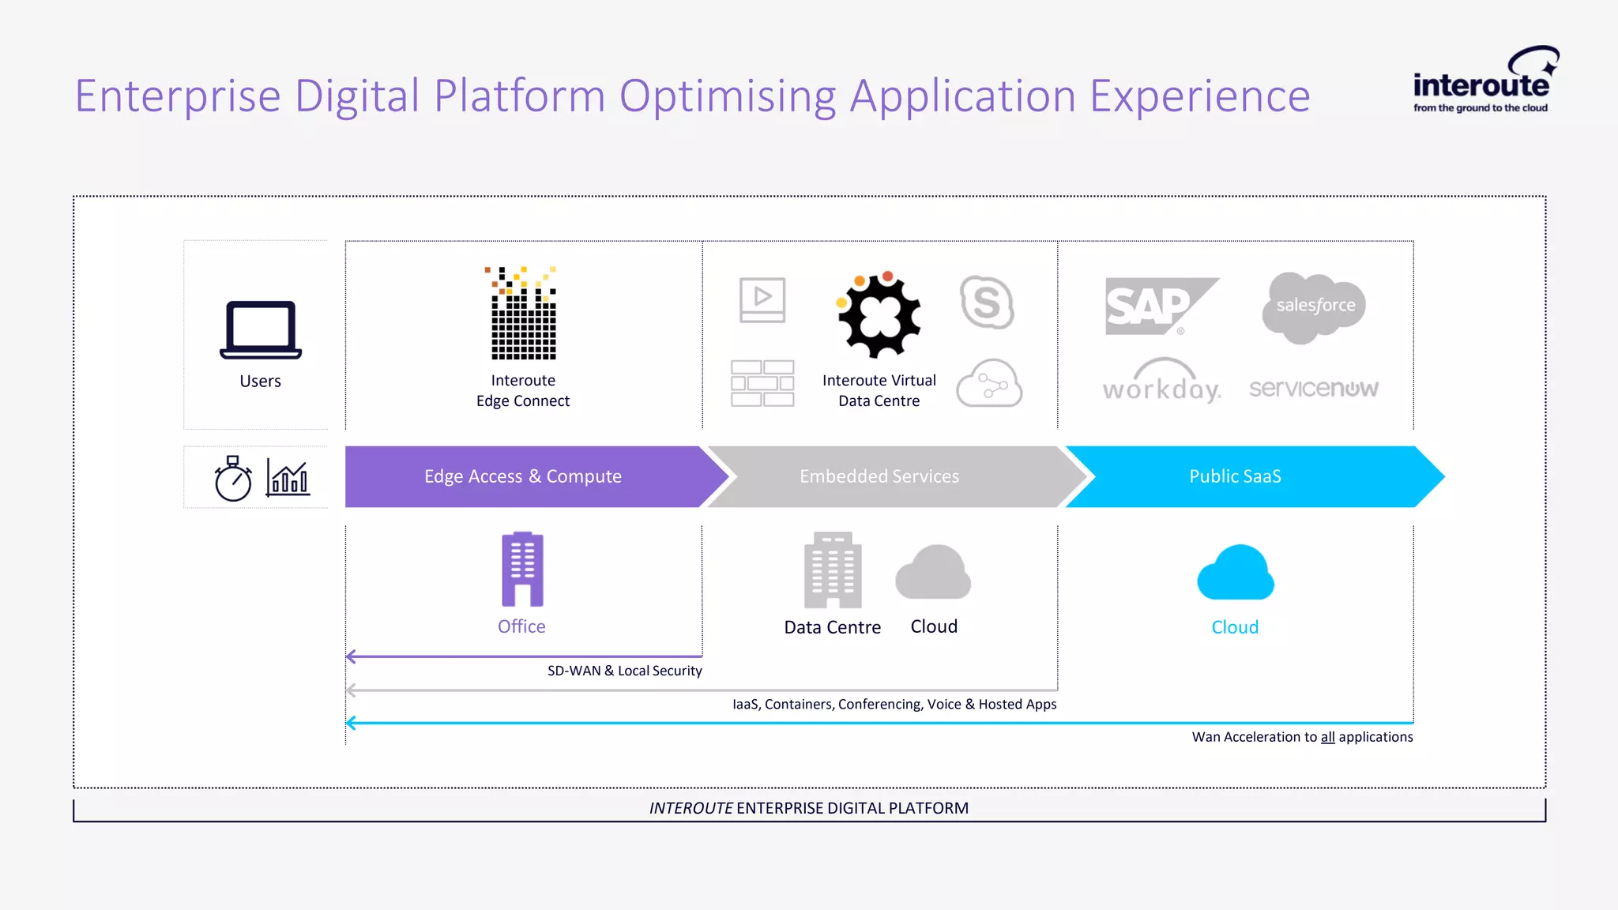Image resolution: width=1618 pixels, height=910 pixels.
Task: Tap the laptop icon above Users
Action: click(x=261, y=330)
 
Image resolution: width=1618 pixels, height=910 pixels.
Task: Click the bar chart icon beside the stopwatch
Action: click(x=288, y=478)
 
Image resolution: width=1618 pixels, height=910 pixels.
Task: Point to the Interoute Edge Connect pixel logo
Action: click(x=523, y=314)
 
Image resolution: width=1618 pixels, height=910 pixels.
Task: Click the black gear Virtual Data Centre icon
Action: click(x=879, y=314)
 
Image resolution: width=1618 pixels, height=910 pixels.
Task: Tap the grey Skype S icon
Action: click(x=987, y=303)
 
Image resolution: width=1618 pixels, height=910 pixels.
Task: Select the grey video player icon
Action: click(x=762, y=300)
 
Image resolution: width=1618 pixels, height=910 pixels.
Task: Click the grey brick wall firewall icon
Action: click(x=762, y=383)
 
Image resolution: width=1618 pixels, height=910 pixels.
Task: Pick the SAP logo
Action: click(x=1157, y=306)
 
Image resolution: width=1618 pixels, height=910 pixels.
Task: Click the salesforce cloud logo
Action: click(x=1315, y=306)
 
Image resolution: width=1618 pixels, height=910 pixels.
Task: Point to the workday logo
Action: click(x=1161, y=382)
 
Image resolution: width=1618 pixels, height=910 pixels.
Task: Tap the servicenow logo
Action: click(x=1313, y=388)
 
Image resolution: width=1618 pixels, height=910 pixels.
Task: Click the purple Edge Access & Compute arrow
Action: click(x=523, y=476)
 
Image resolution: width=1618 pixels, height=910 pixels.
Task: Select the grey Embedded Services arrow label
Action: click(x=879, y=476)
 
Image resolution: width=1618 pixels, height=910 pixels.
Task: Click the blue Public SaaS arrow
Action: click(x=1236, y=476)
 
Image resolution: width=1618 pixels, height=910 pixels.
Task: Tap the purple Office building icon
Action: click(x=522, y=569)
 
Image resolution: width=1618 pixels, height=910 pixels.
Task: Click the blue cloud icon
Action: click(x=1236, y=573)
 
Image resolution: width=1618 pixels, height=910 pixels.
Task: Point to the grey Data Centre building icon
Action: click(x=833, y=570)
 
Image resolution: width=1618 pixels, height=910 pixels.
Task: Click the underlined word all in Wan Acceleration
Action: click(x=1327, y=737)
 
